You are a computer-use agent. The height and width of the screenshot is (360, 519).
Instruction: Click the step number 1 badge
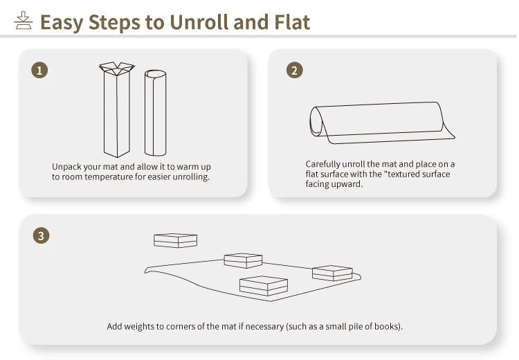click(39, 70)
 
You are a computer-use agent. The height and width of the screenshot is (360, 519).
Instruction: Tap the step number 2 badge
click(295, 70)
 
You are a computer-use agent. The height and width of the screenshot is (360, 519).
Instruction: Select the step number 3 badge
click(41, 235)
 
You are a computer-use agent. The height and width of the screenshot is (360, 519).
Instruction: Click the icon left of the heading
click(23, 21)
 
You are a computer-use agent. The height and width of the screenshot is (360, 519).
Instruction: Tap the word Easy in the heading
click(62, 23)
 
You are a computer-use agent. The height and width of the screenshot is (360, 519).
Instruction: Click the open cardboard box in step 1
click(116, 109)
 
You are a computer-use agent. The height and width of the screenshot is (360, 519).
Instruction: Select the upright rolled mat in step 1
click(155, 113)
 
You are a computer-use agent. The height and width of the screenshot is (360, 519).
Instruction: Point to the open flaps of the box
click(116, 69)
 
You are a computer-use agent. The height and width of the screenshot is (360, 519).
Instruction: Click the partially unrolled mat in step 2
click(381, 123)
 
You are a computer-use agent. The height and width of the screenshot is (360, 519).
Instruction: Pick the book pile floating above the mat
click(176, 240)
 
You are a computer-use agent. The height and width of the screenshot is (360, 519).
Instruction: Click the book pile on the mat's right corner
click(332, 273)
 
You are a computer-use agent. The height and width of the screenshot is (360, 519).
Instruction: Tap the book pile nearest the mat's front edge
click(264, 286)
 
